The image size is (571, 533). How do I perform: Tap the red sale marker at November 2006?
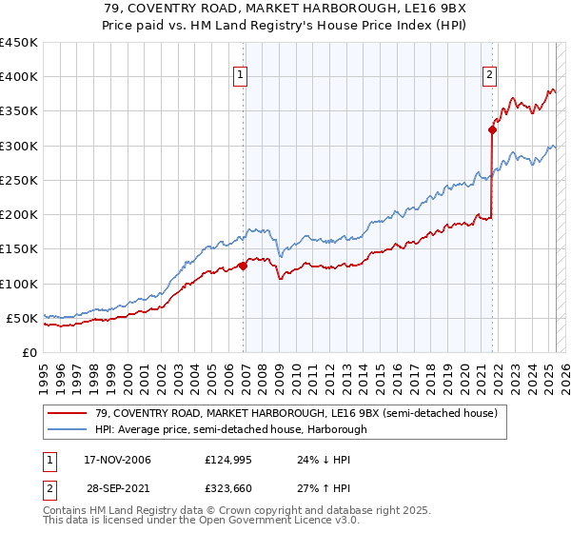pyautogui.click(x=243, y=266)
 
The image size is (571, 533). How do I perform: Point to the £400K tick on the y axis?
pyautogui.click(x=19, y=77)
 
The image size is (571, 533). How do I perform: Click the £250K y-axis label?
pyautogui.click(x=19, y=180)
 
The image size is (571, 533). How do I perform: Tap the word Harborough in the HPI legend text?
pyautogui.click(x=336, y=429)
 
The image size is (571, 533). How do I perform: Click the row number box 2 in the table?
pyautogui.click(x=49, y=487)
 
